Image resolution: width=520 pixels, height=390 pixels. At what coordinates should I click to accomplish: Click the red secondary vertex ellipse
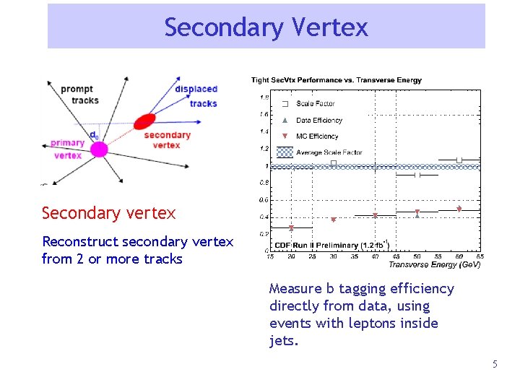pyautogui.click(x=144, y=121)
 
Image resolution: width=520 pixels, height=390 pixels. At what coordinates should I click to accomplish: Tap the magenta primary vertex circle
pyautogui.click(x=98, y=149)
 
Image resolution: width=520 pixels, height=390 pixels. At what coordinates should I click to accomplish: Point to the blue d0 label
pyautogui.click(x=95, y=134)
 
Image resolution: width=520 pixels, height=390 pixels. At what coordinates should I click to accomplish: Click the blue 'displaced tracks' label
pyautogui.click(x=196, y=96)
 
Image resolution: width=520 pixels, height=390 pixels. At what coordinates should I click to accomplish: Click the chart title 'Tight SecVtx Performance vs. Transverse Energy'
pyautogui.click(x=336, y=80)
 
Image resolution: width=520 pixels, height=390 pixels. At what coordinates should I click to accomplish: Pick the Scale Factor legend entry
pyautogui.click(x=315, y=104)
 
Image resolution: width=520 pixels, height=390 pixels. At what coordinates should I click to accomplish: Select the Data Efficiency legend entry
pyautogui.click(x=318, y=121)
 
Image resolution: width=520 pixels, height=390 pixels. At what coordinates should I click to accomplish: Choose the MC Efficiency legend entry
pyautogui.click(x=316, y=136)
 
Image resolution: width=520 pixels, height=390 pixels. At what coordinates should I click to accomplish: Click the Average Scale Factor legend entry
pyautogui.click(x=329, y=152)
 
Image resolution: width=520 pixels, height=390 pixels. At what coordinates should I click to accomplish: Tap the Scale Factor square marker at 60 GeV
pyautogui.click(x=459, y=160)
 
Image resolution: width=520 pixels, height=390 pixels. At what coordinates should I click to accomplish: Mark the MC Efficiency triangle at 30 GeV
pyautogui.click(x=334, y=220)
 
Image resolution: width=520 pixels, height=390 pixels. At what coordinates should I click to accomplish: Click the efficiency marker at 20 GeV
pyautogui.click(x=291, y=228)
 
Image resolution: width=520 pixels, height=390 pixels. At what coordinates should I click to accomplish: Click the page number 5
pyautogui.click(x=495, y=365)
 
